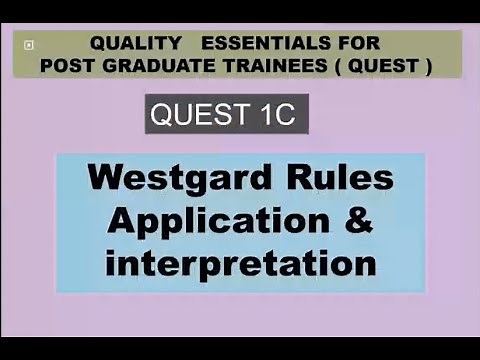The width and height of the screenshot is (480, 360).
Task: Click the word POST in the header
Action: click(x=67, y=66)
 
